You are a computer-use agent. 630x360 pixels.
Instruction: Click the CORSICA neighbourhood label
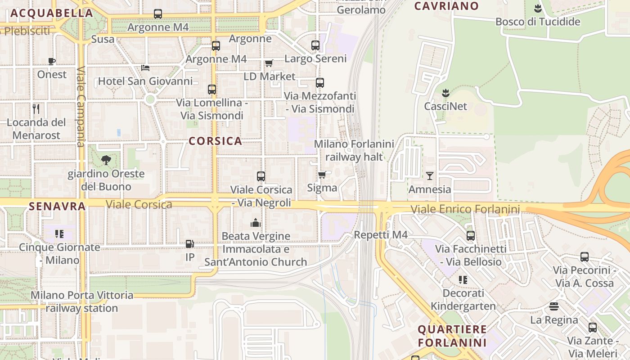point(215,141)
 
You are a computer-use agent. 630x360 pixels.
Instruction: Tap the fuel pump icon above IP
point(190,244)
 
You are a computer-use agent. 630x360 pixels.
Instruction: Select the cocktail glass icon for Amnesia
point(430,175)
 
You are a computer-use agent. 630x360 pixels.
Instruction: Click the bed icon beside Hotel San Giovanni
point(145,67)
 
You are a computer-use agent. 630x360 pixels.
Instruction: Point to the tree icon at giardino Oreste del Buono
point(106,159)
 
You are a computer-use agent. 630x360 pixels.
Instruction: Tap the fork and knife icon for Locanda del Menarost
point(36,108)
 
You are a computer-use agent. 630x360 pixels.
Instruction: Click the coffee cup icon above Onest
point(52,61)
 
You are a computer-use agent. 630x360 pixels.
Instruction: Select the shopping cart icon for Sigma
point(322,174)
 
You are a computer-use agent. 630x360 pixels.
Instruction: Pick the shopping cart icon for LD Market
point(269,63)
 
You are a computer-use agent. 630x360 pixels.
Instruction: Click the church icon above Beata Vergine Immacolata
point(256,223)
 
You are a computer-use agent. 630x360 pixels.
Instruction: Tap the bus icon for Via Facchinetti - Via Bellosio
point(471,235)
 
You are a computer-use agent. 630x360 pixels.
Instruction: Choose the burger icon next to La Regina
point(554,306)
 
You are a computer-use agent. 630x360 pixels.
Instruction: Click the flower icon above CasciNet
point(445,93)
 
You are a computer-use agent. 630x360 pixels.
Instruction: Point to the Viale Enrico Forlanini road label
point(465,209)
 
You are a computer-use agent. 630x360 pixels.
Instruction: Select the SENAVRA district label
point(57,206)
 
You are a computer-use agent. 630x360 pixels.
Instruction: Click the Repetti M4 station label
point(381,235)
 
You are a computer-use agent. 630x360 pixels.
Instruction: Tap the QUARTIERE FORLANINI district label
point(452,336)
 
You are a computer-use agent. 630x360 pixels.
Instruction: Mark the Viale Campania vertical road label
point(81,107)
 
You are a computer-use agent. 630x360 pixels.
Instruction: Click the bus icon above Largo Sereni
point(315,45)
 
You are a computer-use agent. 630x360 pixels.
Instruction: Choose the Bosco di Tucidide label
point(538,22)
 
